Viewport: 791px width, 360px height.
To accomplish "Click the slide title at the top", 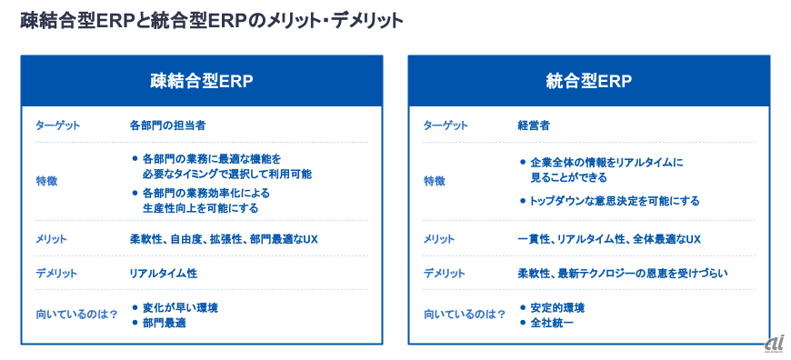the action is tap(212, 21).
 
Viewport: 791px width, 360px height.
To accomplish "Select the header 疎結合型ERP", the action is tap(201, 81).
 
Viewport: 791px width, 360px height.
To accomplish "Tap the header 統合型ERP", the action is tap(589, 81).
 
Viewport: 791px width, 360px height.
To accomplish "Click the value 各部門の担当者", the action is tap(167, 125).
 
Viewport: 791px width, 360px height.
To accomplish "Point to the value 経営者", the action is tap(533, 125).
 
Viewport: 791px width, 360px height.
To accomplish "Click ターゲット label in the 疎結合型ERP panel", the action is tap(57, 125).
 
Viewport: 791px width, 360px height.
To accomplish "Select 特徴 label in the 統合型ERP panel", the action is tap(435, 182).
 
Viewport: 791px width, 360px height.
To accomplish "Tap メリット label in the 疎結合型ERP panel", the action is tap(51, 239).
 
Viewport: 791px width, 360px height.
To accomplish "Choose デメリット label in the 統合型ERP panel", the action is tap(444, 274).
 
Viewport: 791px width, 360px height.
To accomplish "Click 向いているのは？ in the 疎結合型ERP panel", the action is tap(76, 315).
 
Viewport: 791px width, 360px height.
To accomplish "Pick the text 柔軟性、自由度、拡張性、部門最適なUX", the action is tap(224, 239).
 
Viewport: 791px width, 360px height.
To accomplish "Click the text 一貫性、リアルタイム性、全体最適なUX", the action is tap(609, 239).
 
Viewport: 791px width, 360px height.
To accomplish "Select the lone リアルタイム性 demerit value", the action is tap(163, 274).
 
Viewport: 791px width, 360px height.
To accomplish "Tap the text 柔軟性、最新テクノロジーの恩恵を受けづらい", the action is tap(623, 274).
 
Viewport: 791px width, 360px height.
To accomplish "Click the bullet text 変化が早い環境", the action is tap(180, 307).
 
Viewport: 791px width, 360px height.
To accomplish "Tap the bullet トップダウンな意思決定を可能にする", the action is tap(614, 201).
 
